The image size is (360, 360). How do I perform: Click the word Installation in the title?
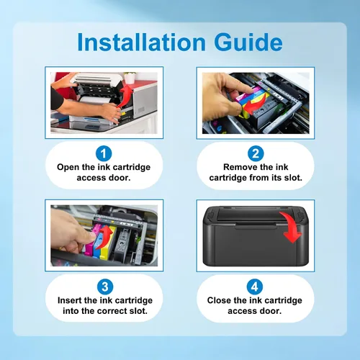141,42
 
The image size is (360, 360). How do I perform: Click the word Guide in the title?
248,42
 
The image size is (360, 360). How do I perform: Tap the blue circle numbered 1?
104,153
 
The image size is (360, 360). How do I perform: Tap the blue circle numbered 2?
256,153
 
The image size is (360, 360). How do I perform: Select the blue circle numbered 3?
105,287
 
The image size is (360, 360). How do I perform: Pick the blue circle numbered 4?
255,287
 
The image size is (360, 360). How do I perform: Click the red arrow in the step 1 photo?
125,97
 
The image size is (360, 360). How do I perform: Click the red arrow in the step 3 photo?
104,237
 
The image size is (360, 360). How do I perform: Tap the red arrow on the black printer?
292,227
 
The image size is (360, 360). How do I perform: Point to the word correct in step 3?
112,311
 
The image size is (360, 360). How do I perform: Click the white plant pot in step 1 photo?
130,78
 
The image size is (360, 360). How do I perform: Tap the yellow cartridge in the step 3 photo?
107,243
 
